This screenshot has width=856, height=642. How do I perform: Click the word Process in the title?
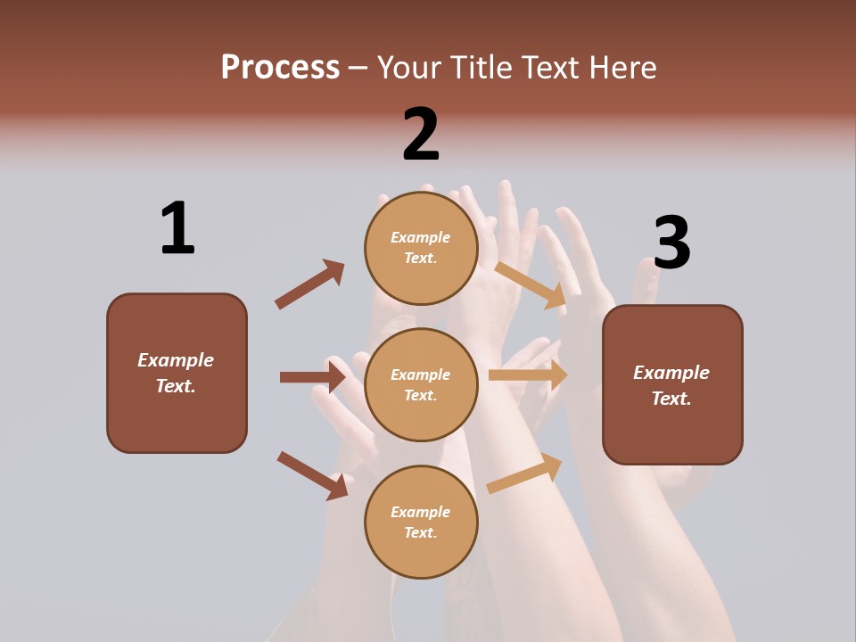[280, 67]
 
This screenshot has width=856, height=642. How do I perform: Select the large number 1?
[177, 228]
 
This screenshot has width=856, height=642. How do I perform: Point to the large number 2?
[421, 135]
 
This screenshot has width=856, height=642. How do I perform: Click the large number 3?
[671, 243]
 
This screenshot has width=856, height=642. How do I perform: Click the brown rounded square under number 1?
[177, 419]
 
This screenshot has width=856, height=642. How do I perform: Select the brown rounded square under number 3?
[672, 432]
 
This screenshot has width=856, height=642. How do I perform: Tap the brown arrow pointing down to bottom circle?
[312, 475]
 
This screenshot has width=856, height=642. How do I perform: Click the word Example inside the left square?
[176, 360]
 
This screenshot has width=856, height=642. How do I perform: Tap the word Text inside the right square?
[671, 399]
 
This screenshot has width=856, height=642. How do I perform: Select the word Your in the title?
[410, 67]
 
